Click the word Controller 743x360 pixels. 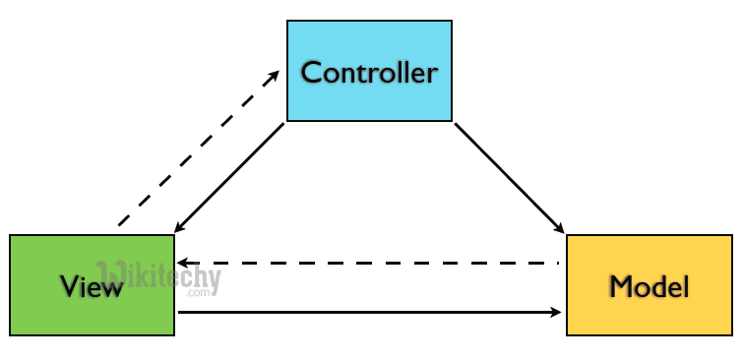tap(369, 72)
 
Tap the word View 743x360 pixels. tap(92, 286)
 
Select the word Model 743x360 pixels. tap(650, 286)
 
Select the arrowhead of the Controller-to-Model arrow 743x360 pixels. tap(561, 230)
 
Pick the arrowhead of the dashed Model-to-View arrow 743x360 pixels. tap(182, 264)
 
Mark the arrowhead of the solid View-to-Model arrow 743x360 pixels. tap(557, 313)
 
